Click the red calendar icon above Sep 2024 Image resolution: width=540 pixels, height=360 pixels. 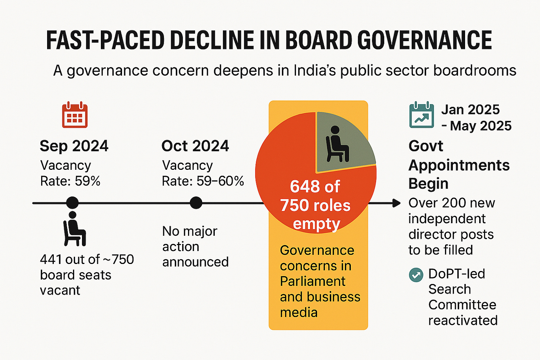point(75,116)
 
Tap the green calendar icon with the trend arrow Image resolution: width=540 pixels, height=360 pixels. point(421,115)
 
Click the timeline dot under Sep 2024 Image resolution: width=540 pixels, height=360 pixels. point(72,203)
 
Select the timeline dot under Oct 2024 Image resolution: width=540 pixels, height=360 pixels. point(196,203)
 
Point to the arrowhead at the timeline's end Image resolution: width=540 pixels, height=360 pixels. point(396,203)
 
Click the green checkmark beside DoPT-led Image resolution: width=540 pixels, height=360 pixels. point(415,275)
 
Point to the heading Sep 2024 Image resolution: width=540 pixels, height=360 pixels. point(74,146)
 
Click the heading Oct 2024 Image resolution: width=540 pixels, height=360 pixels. point(195,146)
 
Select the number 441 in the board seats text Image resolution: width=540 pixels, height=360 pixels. point(51,260)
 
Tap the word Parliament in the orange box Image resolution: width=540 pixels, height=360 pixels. point(313,281)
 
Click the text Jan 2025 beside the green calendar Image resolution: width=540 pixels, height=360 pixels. point(470,110)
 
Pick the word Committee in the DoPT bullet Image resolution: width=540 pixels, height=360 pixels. point(462,305)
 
